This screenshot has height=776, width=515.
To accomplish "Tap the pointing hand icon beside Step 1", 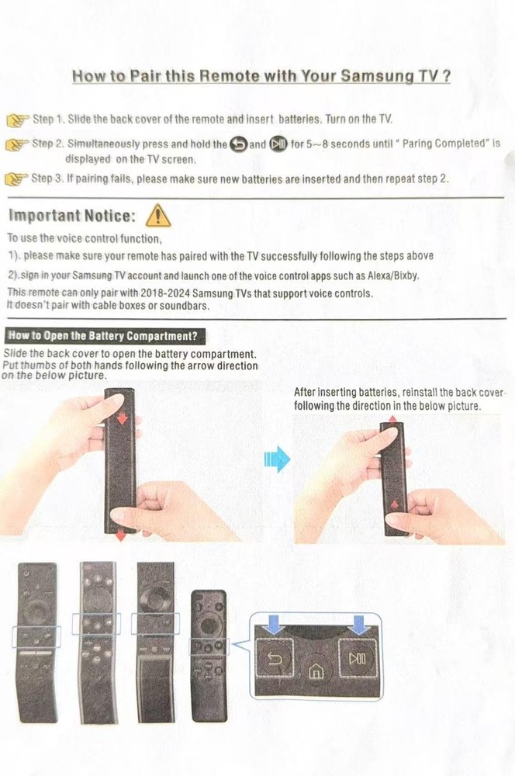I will tap(18, 120).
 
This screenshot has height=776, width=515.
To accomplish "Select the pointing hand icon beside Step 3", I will tap(17, 179).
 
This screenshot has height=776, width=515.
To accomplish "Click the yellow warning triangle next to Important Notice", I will tap(158, 214).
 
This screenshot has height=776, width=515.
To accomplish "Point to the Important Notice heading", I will tap(72, 215).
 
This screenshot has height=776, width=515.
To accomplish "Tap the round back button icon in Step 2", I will tap(238, 144).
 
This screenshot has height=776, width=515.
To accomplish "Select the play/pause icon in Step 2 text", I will tap(278, 144).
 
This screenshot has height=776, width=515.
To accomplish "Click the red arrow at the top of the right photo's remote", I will tap(392, 419).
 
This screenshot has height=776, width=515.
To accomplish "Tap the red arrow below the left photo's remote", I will tap(121, 537).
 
